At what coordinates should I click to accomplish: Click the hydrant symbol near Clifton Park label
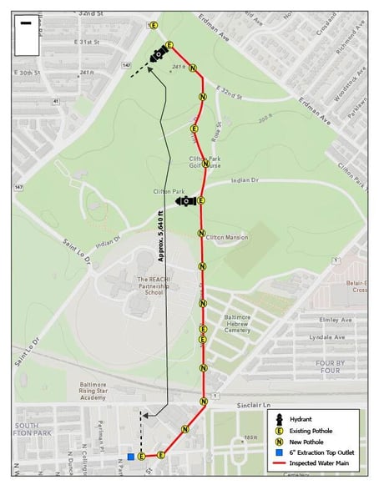pos(186,201)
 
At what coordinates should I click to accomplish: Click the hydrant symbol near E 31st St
pos(159,55)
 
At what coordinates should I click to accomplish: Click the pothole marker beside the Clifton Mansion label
pos(201,233)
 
